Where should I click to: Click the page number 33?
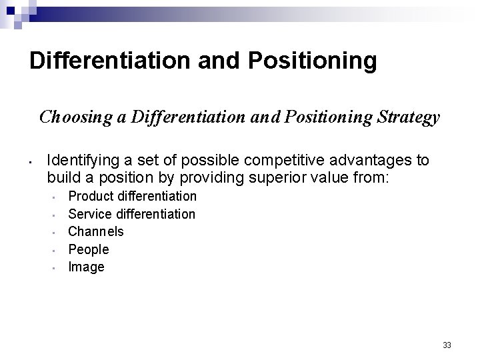447,345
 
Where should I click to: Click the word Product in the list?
90,196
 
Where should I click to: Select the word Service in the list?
91,214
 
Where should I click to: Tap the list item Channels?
96,231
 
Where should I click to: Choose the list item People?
89,249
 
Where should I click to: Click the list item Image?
87,267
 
